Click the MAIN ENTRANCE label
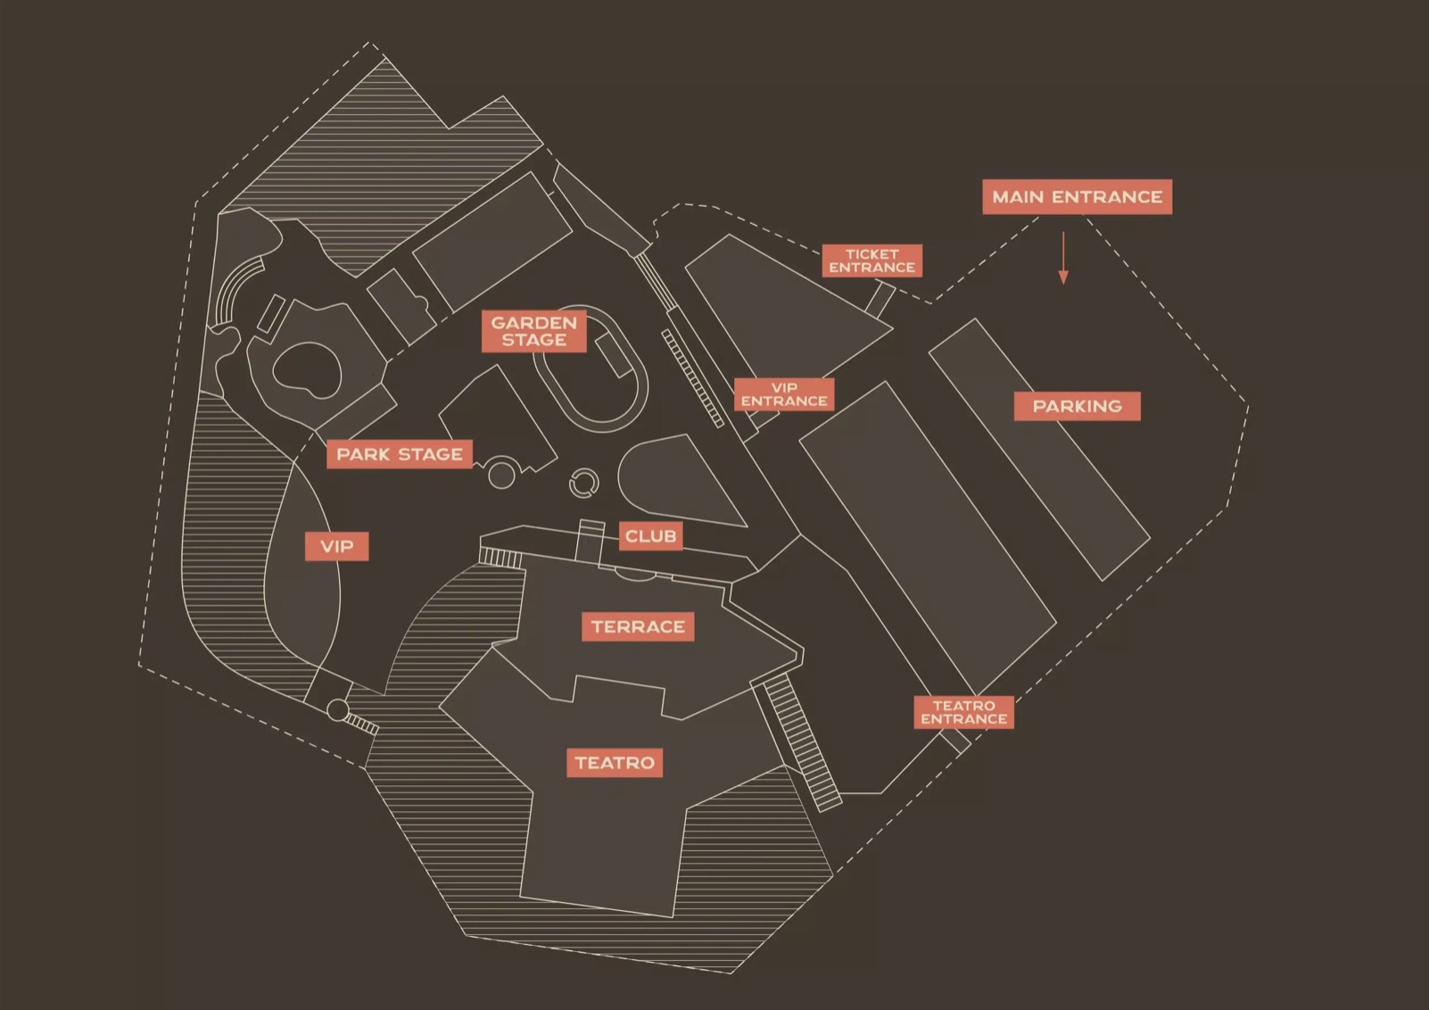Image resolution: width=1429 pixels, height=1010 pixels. click(x=1077, y=196)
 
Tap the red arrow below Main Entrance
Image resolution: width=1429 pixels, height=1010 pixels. click(x=1062, y=258)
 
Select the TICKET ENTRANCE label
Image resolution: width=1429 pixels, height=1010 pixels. click(x=871, y=261)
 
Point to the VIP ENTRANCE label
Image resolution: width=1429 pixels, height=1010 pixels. click(x=784, y=394)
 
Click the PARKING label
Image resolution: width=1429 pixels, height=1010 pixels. click(x=1077, y=406)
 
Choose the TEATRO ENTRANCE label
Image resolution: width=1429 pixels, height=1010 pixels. click(x=963, y=712)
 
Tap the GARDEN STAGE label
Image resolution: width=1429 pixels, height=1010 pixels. click(x=534, y=331)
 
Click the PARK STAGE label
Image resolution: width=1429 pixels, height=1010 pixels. click(x=400, y=454)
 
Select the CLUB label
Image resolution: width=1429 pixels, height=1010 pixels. click(x=650, y=536)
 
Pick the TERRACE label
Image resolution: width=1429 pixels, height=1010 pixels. click(x=638, y=626)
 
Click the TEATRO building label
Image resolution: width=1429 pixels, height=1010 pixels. click(x=615, y=763)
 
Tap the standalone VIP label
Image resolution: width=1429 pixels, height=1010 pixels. click(x=336, y=546)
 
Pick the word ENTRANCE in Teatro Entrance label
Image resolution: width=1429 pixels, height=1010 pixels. click(x=963, y=719)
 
